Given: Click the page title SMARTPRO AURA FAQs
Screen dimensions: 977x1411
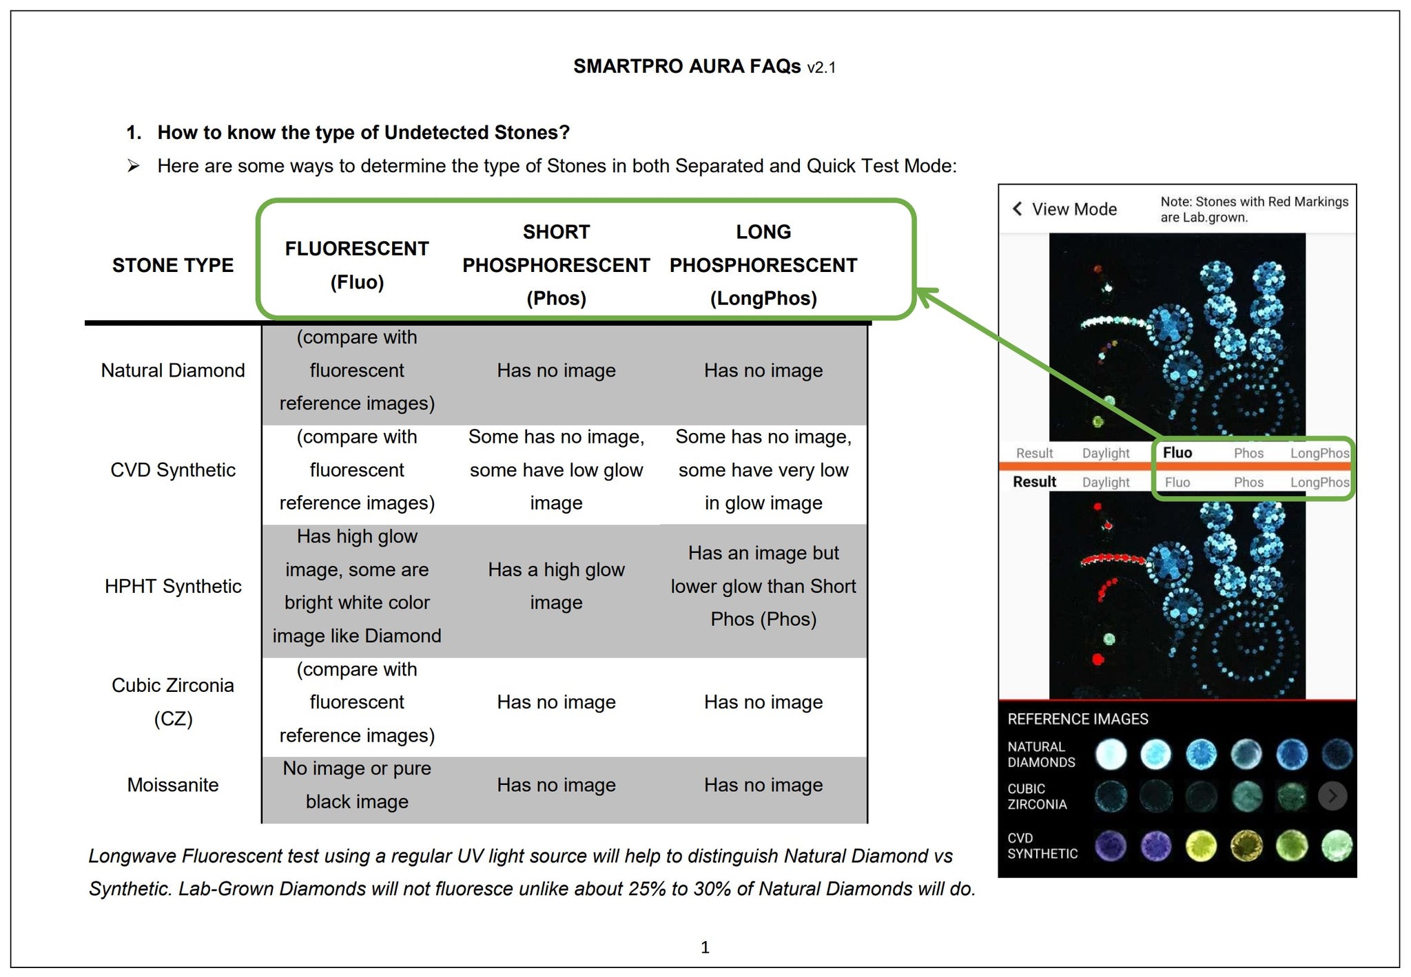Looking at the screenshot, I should (x=687, y=66).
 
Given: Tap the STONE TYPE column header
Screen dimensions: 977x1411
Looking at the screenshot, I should (x=173, y=265).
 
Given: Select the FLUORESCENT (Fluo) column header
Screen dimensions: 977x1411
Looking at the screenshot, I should (x=357, y=265).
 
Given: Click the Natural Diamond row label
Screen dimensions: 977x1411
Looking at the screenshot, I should (x=173, y=370).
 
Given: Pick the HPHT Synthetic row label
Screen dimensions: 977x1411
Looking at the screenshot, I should (x=173, y=586).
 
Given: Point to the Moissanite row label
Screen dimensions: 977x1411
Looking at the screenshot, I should (x=173, y=785).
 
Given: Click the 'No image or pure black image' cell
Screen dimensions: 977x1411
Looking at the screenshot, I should (x=357, y=785).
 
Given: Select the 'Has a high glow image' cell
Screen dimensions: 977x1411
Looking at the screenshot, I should (x=556, y=586).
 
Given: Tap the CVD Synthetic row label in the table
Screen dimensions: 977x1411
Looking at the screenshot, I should (x=173, y=470).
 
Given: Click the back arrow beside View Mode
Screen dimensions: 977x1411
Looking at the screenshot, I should (x=1017, y=209).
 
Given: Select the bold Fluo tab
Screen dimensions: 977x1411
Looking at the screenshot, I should (x=1177, y=452).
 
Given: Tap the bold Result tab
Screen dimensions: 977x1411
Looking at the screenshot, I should (x=1034, y=482).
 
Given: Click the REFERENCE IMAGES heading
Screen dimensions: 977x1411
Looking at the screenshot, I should (x=1078, y=719).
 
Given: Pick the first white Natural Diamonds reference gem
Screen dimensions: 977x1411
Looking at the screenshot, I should (x=1110, y=754).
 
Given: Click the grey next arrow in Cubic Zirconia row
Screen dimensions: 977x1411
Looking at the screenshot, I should (x=1332, y=797).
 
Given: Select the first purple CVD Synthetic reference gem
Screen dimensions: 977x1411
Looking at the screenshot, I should (x=1110, y=846).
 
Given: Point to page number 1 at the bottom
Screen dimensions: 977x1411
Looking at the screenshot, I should (x=705, y=947).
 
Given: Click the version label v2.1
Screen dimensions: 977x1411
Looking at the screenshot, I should (x=822, y=67).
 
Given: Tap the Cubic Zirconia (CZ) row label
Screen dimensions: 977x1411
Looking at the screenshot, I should (x=173, y=702).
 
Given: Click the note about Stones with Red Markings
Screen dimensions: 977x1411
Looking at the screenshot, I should (x=1254, y=209).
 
